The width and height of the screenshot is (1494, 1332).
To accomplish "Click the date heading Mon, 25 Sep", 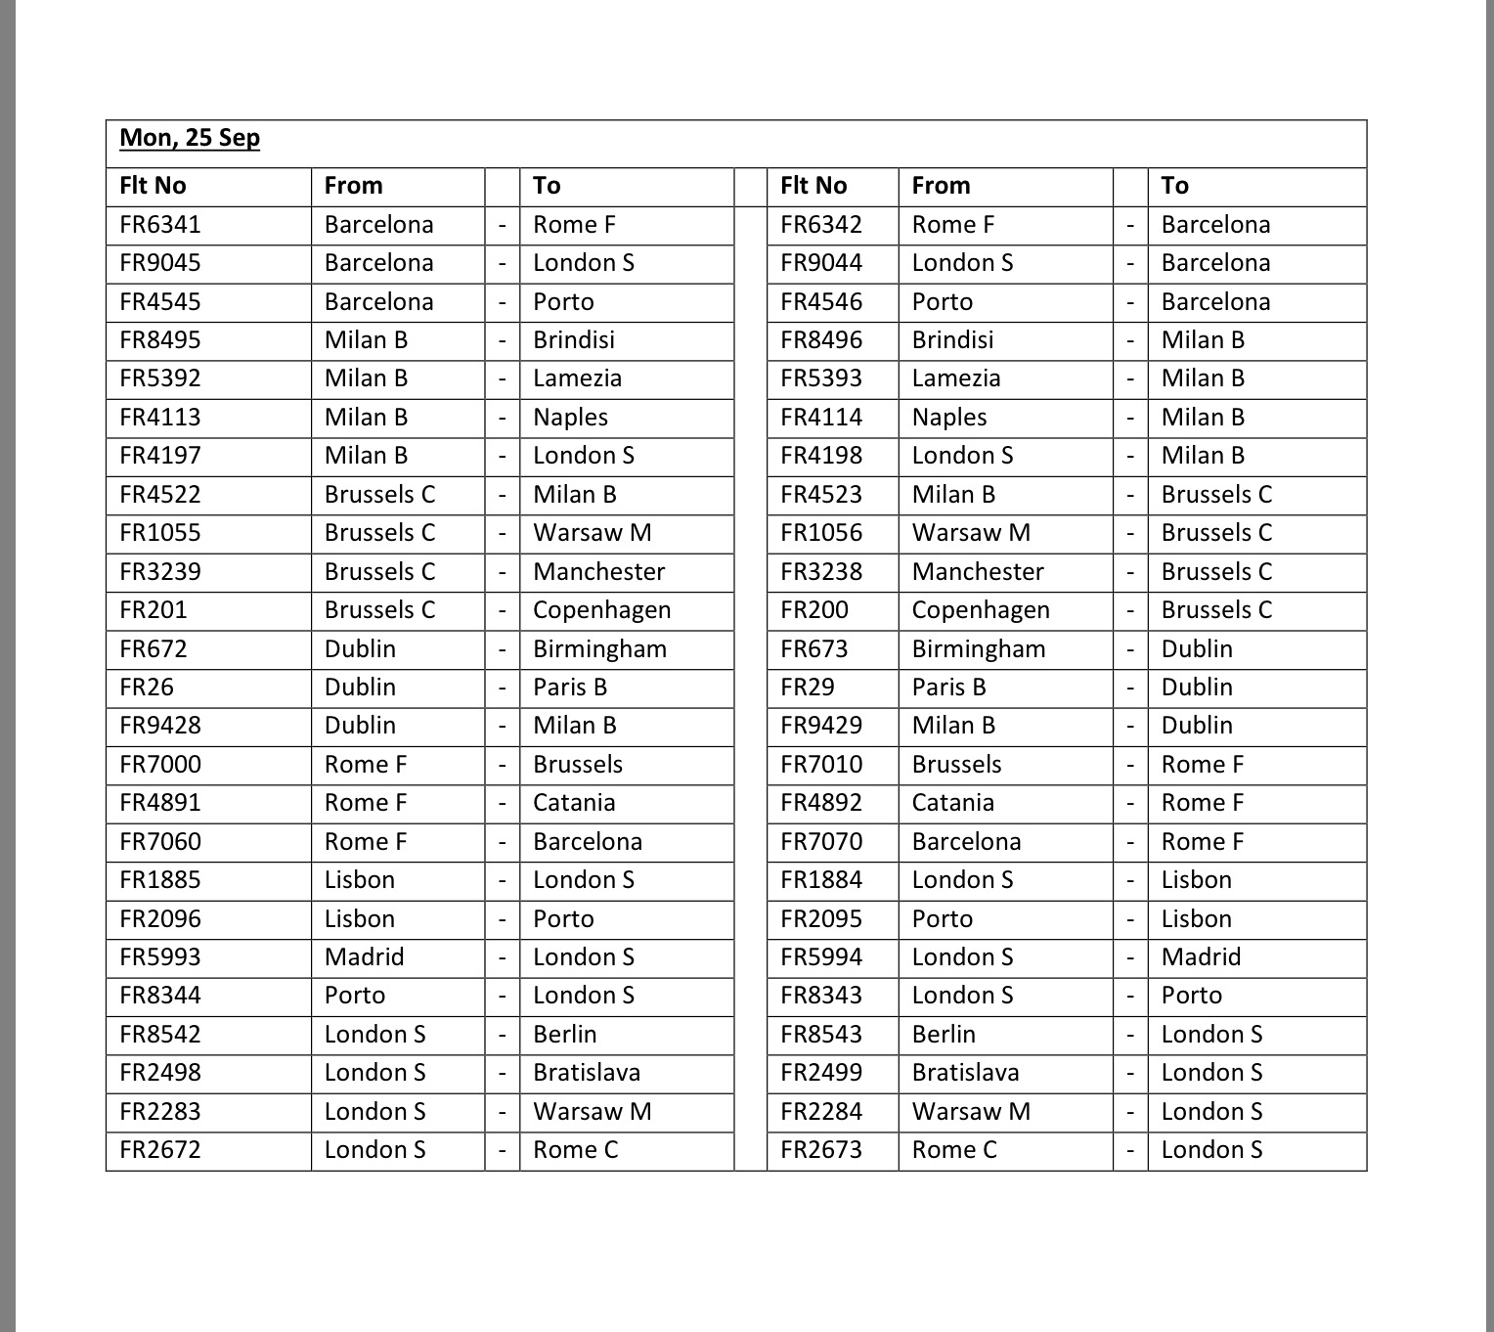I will pyautogui.click(x=190, y=138).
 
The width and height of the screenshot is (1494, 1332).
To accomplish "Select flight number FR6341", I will pyautogui.click(x=160, y=225).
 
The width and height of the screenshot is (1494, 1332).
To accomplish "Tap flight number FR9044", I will pyautogui.click(x=821, y=263).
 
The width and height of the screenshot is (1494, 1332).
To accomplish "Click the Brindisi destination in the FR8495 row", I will pyautogui.click(x=574, y=340).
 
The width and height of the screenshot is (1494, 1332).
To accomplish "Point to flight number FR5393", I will pyautogui.click(x=821, y=378).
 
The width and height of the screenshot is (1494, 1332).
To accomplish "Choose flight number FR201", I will pyautogui.click(x=153, y=610).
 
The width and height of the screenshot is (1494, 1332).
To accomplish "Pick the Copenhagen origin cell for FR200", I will pyautogui.click(x=981, y=610).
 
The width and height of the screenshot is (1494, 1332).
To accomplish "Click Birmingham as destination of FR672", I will pyautogui.click(x=599, y=649).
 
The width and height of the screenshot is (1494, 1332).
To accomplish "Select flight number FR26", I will pyautogui.click(x=147, y=688).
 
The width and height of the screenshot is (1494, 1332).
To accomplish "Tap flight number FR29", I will pyautogui.click(x=808, y=688).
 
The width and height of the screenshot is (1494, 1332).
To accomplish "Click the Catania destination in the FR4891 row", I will pyautogui.click(x=574, y=803).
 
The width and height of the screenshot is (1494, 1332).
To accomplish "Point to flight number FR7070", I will pyautogui.click(x=821, y=842).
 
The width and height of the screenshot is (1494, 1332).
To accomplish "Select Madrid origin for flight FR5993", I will pyautogui.click(x=364, y=957).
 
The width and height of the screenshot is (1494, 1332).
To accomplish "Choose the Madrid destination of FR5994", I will pyautogui.click(x=1201, y=957).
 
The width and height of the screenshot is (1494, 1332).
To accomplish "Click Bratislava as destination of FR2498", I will pyautogui.click(x=587, y=1073).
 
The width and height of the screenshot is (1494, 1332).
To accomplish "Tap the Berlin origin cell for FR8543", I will pyautogui.click(x=944, y=1035).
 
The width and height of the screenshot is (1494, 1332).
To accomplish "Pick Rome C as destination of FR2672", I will pyautogui.click(x=576, y=1150).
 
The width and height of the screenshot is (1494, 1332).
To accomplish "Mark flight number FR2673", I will pyautogui.click(x=821, y=1150).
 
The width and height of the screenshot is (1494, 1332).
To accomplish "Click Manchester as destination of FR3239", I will pyautogui.click(x=598, y=572).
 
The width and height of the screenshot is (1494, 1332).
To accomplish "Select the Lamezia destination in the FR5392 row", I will pyautogui.click(x=577, y=378).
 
